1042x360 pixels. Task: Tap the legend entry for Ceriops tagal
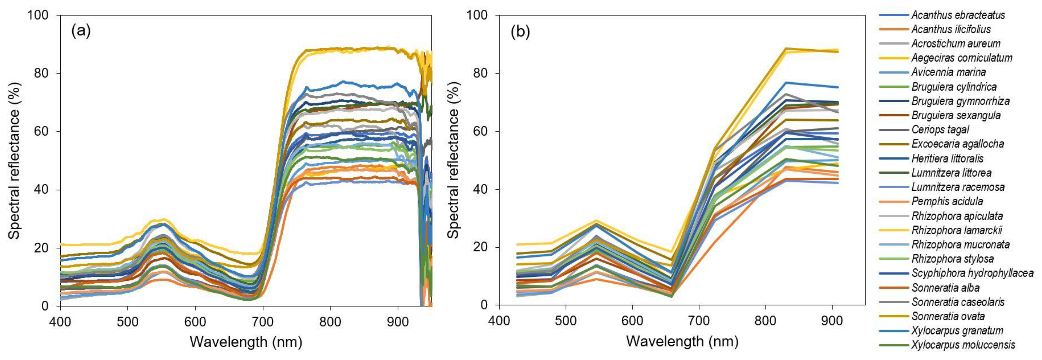940,130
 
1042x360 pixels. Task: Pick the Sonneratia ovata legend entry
948,316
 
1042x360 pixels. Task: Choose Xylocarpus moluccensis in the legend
963,345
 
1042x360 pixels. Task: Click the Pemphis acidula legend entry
946,201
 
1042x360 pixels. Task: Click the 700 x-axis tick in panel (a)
263,322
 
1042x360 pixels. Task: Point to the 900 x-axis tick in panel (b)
832,321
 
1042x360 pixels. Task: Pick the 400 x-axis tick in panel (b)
499,321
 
